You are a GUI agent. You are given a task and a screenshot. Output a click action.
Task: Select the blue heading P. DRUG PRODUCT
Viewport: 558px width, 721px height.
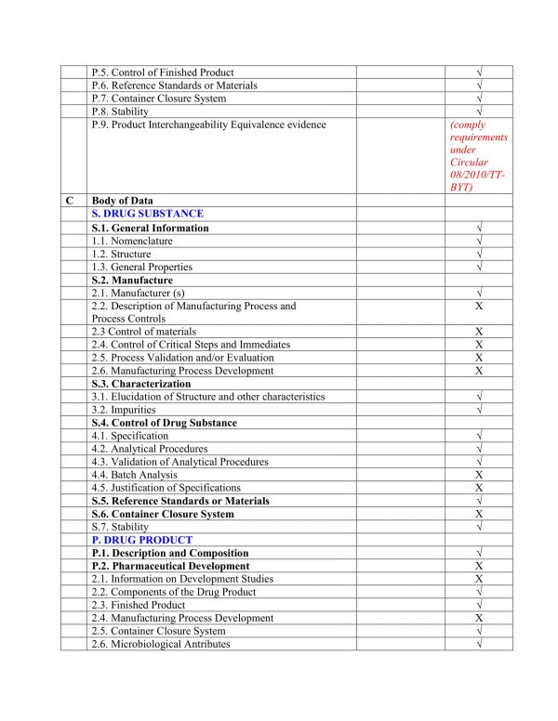pyautogui.click(x=141, y=540)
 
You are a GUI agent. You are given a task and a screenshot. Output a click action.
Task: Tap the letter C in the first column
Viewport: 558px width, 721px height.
pyautogui.click(x=70, y=201)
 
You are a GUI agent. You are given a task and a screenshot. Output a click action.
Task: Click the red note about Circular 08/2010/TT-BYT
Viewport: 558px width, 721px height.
pyautogui.click(x=478, y=156)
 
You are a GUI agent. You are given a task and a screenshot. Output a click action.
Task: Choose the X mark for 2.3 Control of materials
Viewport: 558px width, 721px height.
pyautogui.click(x=478, y=332)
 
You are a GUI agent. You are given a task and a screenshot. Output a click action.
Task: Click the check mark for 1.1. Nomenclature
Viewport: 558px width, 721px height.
pyautogui.click(x=478, y=242)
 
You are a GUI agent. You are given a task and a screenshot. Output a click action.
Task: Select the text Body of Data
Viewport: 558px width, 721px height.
pyautogui.click(x=123, y=201)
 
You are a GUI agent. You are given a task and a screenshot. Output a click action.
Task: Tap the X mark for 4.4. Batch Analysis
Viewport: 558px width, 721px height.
pyautogui.click(x=478, y=475)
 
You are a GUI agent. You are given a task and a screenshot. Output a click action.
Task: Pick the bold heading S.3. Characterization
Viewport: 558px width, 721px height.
pyautogui.click(x=141, y=384)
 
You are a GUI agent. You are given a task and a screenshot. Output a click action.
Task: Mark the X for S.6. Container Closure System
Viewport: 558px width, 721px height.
pyautogui.click(x=478, y=514)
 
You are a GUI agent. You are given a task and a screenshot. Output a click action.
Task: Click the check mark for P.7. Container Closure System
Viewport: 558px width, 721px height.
pyautogui.click(x=478, y=98)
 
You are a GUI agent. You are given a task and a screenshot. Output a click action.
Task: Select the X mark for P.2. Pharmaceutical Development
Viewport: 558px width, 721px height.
pyautogui.click(x=478, y=566)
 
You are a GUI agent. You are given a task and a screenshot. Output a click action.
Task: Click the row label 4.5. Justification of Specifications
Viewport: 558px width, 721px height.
pyautogui.click(x=166, y=488)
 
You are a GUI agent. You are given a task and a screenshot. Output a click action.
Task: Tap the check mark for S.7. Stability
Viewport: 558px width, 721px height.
pyautogui.click(x=478, y=527)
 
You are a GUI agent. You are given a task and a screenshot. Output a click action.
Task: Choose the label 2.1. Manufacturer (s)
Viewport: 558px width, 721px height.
pyautogui.click(x=138, y=293)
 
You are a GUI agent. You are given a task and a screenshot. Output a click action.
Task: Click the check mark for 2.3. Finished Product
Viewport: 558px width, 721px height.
pyautogui.click(x=478, y=605)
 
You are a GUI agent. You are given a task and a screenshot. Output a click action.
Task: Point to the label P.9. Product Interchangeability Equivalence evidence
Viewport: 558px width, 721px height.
pyautogui.click(x=208, y=125)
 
